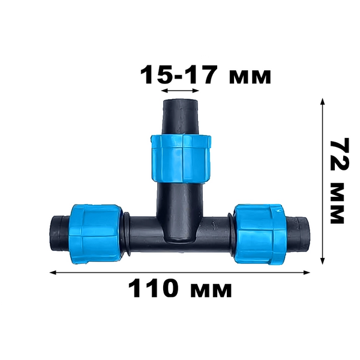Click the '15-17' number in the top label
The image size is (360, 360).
tap(179, 74)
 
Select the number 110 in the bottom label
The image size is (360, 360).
tap(153, 288)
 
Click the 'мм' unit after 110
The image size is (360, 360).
tap(211, 290)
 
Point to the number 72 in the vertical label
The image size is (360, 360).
tap(340, 154)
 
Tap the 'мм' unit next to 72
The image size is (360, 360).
tap(337, 203)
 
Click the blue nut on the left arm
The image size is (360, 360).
tap(95, 233)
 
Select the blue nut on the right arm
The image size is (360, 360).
tap(260, 233)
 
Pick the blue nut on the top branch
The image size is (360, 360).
tap(181, 159)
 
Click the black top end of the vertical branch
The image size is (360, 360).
tap(180, 116)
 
